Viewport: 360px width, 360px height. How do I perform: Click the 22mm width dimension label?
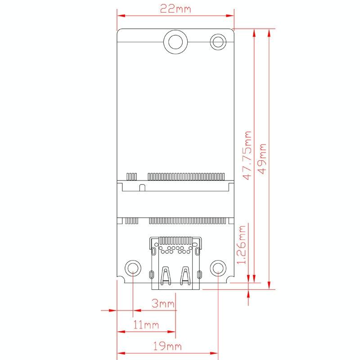pos(175,9)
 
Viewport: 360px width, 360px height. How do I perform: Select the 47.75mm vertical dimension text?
pos(247,155)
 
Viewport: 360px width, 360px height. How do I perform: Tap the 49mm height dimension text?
pos(263,158)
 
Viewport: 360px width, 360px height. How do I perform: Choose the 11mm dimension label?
pos(146,324)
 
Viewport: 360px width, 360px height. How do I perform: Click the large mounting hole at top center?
pos(175,41)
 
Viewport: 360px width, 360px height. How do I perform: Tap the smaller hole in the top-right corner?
pos(219,42)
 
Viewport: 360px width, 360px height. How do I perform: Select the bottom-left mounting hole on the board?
pos(133,269)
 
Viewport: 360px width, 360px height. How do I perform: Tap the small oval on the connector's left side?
pos(152,274)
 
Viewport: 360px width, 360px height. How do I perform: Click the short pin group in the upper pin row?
pos(131,175)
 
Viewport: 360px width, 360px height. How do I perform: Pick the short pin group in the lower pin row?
pos(131,221)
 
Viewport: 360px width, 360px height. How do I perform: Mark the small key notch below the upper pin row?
pos(142,187)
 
